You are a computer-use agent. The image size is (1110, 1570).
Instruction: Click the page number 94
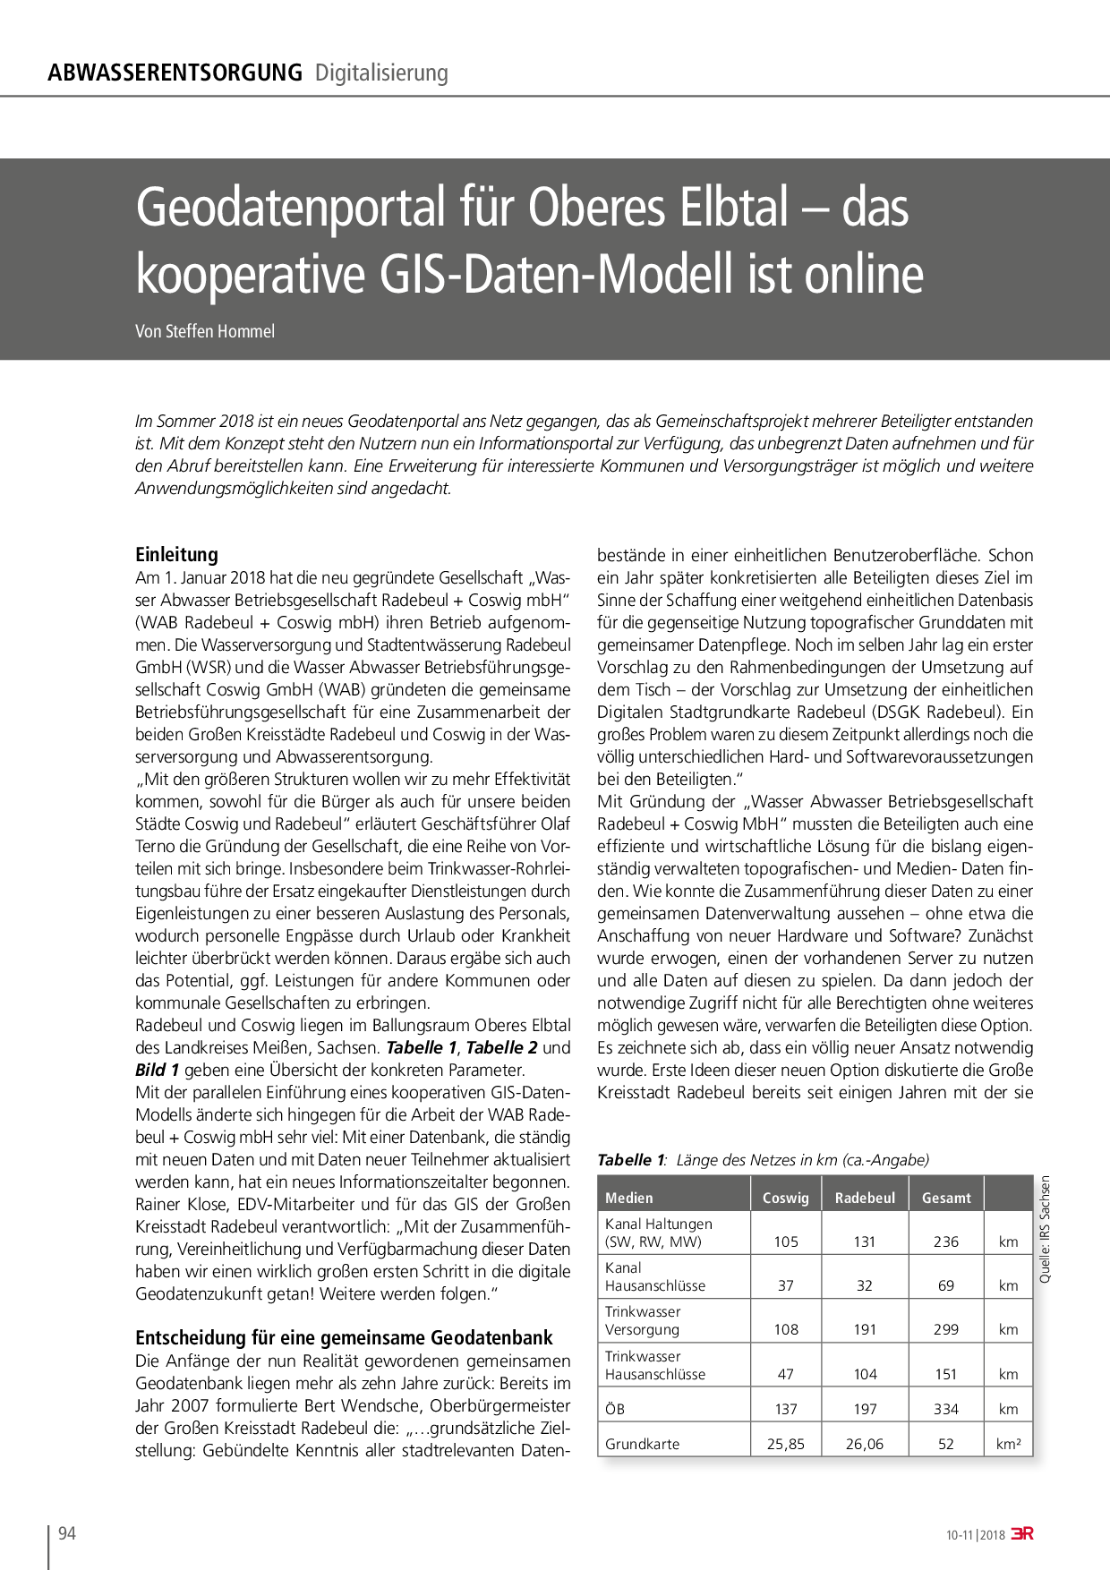pyautogui.click(x=67, y=1533)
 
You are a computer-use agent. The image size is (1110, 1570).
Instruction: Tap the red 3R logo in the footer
pyautogui.click(x=1021, y=1533)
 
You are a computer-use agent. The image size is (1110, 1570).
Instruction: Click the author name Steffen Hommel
pyautogui.click(x=220, y=331)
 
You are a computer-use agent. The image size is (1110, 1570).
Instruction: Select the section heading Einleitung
pyautogui.click(x=176, y=554)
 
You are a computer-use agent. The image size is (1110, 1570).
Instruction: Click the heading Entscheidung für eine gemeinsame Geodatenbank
pyautogui.click(x=344, y=1337)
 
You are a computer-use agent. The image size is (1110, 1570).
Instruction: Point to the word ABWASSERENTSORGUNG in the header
pyautogui.click(x=175, y=73)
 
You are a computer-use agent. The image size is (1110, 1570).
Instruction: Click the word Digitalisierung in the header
pyautogui.click(x=381, y=73)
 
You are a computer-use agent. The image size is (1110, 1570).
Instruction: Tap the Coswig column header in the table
pyautogui.click(x=785, y=1198)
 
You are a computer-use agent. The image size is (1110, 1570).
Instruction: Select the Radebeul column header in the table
pyautogui.click(x=865, y=1198)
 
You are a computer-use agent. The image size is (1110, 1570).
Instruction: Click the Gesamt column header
pyautogui.click(x=946, y=1198)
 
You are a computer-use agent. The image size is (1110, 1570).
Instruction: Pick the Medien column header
pyautogui.click(x=629, y=1198)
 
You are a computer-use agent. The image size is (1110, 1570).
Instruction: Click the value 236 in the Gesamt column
pyautogui.click(x=946, y=1241)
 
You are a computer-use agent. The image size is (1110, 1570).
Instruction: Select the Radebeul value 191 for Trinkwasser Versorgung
pyautogui.click(x=865, y=1329)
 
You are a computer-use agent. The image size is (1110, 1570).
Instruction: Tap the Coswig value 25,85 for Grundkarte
pyautogui.click(x=785, y=1444)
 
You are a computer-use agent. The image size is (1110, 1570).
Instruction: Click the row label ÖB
pyautogui.click(x=615, y=1409)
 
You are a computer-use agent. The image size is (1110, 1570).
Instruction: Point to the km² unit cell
pyautogui.click(x=1008, y=1444)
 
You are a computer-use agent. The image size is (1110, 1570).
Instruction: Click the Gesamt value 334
pyautogui.click(x=946, y=1409)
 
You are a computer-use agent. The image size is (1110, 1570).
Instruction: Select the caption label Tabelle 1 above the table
pyautogui.click(x=630, y=1160)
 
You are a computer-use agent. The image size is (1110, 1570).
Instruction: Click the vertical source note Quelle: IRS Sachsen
pyautogui.click(x=1045, y=1228)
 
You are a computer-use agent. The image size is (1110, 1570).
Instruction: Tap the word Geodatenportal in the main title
pyautogui.click(x=290, y=208)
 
